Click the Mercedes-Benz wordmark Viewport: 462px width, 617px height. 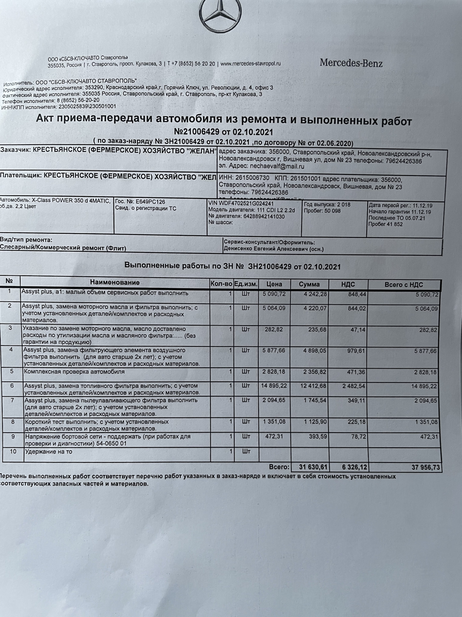click(x=351, y=63)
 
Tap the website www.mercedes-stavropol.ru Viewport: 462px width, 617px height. click(x=251, y=64)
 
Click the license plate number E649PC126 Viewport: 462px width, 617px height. click(x=150, y=202)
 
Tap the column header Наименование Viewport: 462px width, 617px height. click(x=115, y=282)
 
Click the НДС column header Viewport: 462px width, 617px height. click(x=348, y=284)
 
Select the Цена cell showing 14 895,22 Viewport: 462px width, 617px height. click(x=274, y=386)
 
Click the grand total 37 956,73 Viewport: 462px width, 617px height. click(x=425, y=467)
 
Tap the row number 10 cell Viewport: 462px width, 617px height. click(x=13, y=452)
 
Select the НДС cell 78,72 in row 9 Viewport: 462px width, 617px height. click(x=358, y=437)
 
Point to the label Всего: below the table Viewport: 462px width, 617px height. click(x=279, y=467)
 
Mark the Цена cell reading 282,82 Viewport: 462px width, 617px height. click(x=274, y=329)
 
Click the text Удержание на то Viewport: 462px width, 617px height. click(x=49, y=452)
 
